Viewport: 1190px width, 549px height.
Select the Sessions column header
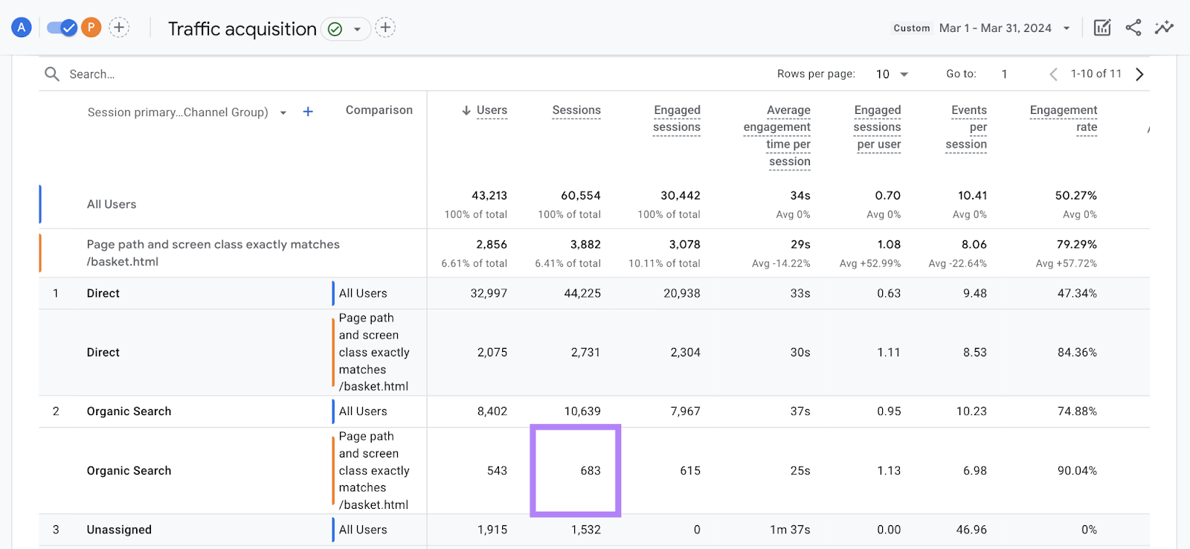tap(576, 110)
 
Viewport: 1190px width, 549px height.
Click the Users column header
tap(491, 110)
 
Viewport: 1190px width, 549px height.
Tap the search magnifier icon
tap(52, 74)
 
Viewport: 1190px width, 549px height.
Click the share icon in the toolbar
tap(1133, 28)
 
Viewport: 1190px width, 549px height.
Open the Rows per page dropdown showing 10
tap(892, 74)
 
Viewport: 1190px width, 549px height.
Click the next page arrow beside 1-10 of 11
tap(1139, 74)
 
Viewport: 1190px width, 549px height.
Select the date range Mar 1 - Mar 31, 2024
tap(995, 28)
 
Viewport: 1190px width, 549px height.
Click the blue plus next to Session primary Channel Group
tap(308, 112)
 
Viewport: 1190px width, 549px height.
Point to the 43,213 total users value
tap(489, 196)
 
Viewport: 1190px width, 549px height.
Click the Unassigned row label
tap(119, 530)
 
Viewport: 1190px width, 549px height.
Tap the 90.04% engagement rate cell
tap(1076, 471)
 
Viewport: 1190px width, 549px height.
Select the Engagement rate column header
tap(1064, 118)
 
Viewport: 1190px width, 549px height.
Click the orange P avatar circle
tap(91, 28)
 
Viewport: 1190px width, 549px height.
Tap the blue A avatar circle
tap(22, 28)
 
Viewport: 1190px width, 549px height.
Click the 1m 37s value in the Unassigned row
tap(790, 530)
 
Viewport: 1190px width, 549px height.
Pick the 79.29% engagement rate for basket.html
tap(1075, 244)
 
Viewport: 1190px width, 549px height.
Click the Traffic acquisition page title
tap(242, 29)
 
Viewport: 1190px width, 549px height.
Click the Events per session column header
tap(967, 126)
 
